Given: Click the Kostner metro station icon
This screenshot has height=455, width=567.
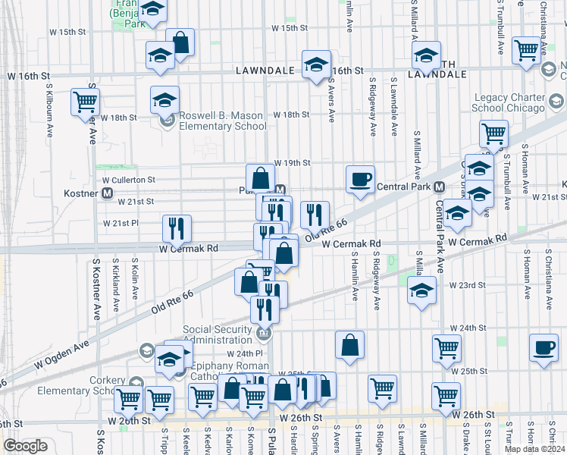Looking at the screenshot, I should tap(107, 193).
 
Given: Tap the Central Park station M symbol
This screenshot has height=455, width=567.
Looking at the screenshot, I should tap(439, 187).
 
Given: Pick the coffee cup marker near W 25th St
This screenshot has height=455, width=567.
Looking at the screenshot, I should tap(543, 347).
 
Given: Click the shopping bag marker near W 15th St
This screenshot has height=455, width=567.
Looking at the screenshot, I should tap(180, 42).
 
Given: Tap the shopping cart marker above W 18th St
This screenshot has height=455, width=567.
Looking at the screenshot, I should tap(85, 102).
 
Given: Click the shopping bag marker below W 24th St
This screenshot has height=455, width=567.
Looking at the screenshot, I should tap(349, 345).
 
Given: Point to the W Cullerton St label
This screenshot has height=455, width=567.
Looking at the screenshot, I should tap(128, 180).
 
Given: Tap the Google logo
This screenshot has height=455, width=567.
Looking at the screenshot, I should tap(25, 446).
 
